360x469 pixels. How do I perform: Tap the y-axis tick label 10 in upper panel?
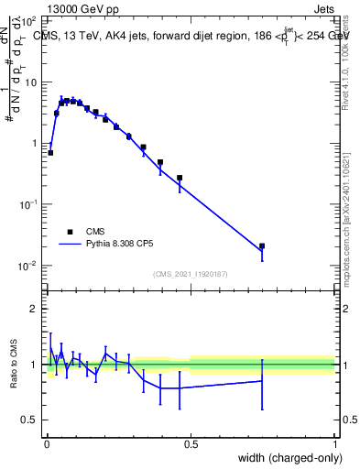pos(31,82)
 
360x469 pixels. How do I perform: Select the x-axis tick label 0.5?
pos(191,444)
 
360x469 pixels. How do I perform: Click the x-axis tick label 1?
pos(335,444)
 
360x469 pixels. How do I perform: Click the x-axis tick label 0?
pos(46,444)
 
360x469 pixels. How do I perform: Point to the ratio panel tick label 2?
pos(34,310)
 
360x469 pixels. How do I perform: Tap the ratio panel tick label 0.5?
pos(30,420)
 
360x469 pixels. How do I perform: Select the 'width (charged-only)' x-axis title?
pos(287,459)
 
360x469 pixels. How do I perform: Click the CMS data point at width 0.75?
pos(262,246)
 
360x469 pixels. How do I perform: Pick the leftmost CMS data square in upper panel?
pos(50,153)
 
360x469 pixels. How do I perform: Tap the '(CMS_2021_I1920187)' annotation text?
pos(191,274)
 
